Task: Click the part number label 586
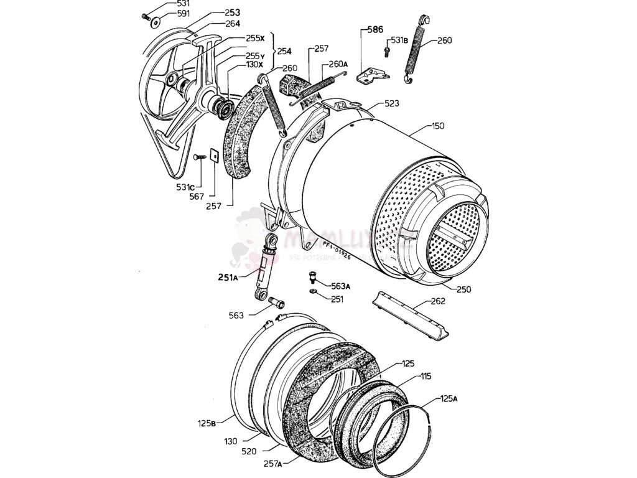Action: click(374, 29)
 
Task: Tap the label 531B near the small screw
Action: click(399, 41)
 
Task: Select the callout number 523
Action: click(392, 103)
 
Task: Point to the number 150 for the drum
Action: click(438, 127)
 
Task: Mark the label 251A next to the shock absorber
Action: click(228, 278)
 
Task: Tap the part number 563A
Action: click(341, 286)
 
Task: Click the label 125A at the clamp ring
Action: click(449, 398)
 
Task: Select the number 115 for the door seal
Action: click(425, 376)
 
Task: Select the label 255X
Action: click(255, 39)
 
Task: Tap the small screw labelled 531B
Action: click(386, 47)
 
